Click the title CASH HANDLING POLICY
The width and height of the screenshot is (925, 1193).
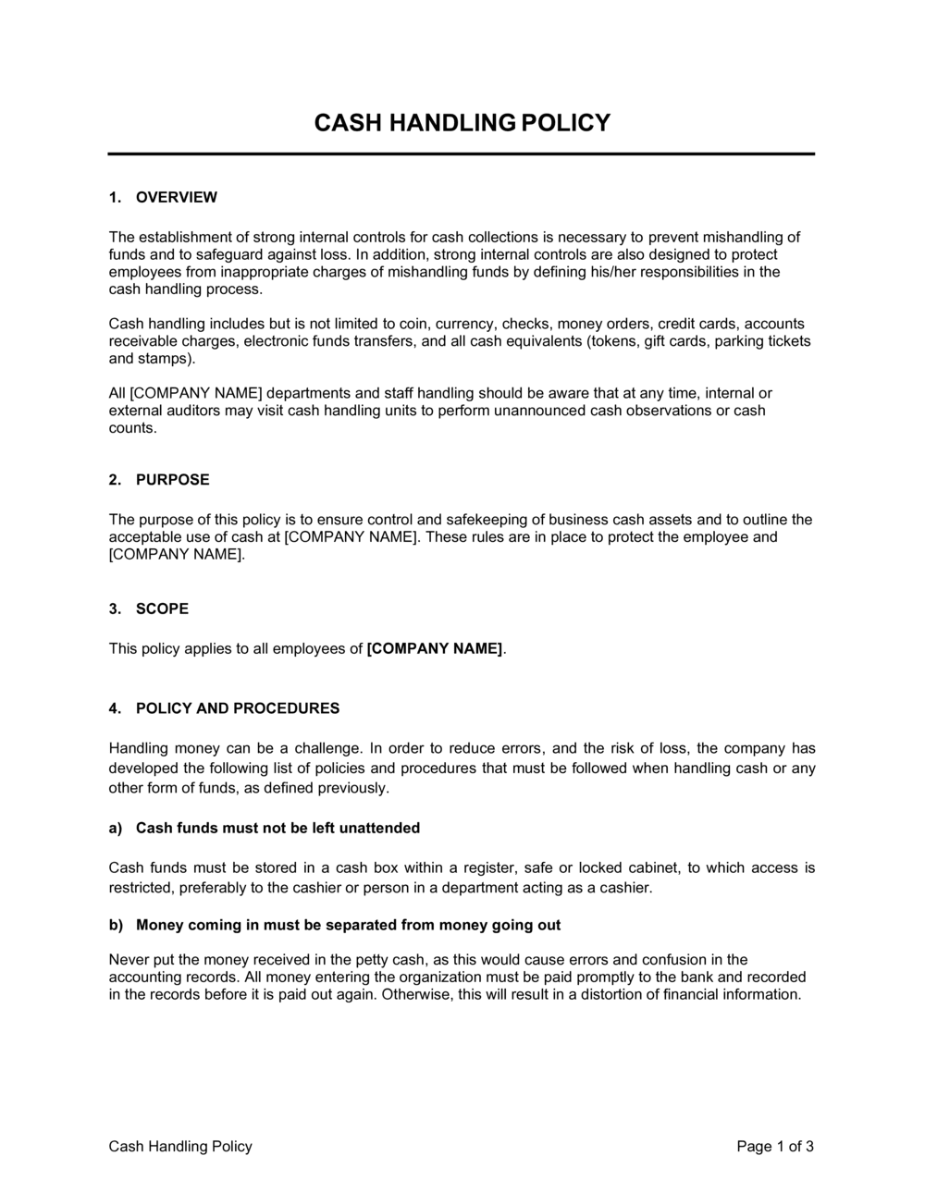(462, 122)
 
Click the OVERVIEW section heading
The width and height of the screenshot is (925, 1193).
(176, 197)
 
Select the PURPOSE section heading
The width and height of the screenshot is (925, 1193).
(172, 479)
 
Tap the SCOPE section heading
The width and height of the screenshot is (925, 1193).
(162, 609)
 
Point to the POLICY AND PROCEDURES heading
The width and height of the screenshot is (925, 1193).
(238, 708)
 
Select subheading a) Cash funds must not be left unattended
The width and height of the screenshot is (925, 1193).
(277, 828)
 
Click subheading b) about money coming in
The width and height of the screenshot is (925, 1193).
(348, 925)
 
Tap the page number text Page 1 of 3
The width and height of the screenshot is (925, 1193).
(775, 1147)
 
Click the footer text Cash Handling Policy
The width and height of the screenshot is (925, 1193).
(180, 1147)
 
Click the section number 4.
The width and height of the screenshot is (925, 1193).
(115, 708)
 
